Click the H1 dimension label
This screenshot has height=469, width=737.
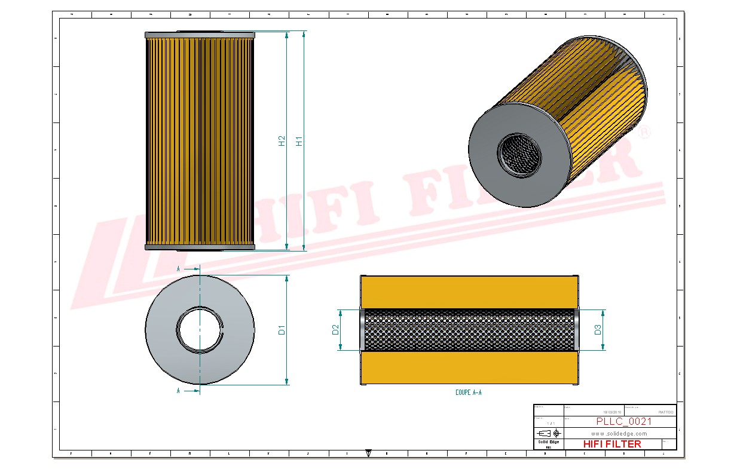click(299, 140)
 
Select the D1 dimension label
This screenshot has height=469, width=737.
click(282, 330)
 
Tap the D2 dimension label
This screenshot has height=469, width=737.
click(335, 330)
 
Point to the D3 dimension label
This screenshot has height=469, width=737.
click(598, 330)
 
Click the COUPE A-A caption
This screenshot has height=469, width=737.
click(468, 393)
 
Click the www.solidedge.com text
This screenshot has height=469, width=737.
click(619, 434)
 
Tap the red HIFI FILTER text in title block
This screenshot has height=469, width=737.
click(612, 444)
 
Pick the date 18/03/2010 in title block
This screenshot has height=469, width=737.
click(612, 412)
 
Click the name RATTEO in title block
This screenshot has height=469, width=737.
click(665, 412)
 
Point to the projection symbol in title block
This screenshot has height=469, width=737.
click(549, 433)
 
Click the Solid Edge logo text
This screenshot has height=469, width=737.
click(548, 442)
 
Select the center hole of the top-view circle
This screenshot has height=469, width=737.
click(200, 330)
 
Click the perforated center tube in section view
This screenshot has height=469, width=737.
click(469, 330)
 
